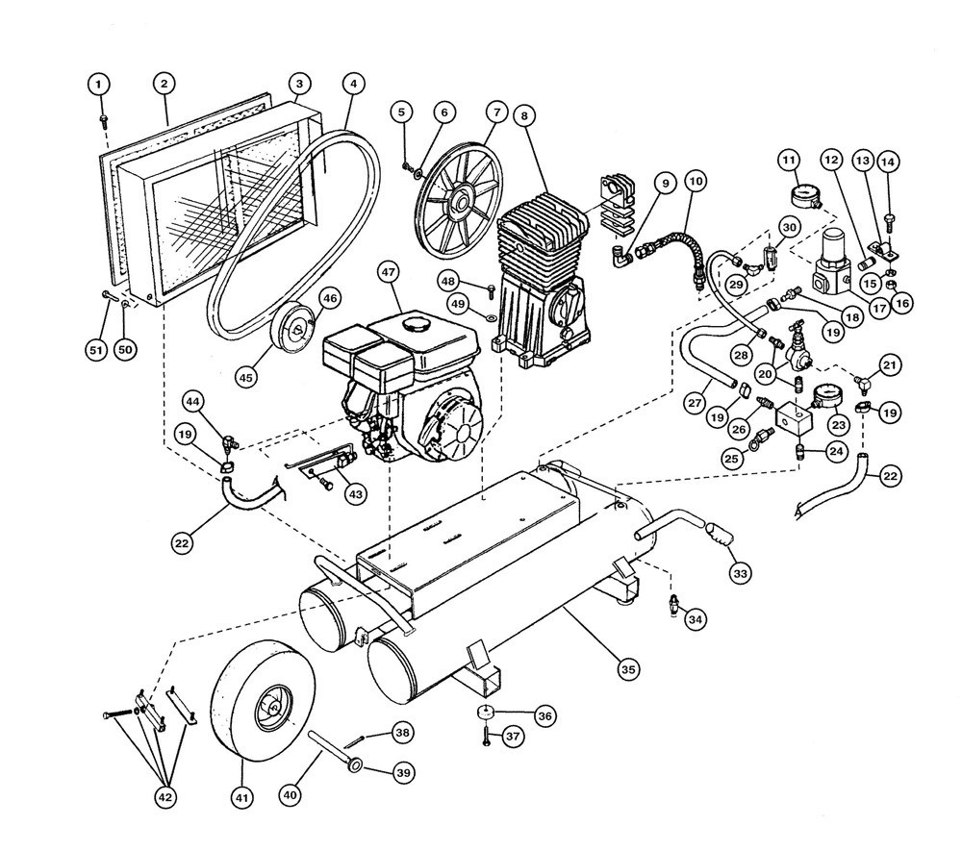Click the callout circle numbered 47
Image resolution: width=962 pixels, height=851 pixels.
(389, 272)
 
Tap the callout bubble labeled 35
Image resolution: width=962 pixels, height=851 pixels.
(627, 669)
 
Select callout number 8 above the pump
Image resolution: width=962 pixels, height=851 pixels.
(524, 116)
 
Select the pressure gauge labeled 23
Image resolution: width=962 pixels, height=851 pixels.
(827, 399)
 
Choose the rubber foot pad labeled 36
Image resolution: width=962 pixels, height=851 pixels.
(486, 712)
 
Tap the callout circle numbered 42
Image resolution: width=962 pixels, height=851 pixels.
(165, 798)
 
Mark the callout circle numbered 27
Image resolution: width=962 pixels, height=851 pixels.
(695, 403)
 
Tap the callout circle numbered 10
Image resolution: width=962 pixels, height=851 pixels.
(696, 181)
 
